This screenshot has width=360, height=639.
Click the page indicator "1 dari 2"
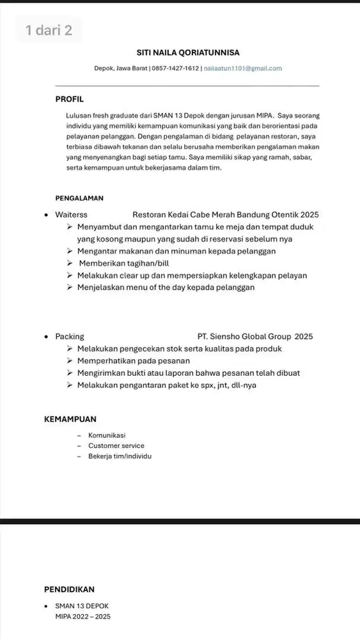pos(49,30)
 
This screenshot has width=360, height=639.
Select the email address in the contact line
pos(243,68)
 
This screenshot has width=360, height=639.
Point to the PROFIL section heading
pos(70,99)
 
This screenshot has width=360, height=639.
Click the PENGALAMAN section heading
pos(79,199)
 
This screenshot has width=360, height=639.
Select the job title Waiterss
pos(71,215)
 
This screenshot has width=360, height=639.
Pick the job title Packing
pos(69,336)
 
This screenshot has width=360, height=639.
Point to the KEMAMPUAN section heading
pos(70,420)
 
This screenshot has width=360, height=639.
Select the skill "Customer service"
pos(116,445)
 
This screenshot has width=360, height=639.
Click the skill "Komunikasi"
pos(107,435)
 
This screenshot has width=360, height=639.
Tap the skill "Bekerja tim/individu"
pos(120,456)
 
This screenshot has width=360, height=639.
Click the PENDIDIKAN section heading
pos(69,589)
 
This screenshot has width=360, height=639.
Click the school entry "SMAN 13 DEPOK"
pos(82,605)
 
